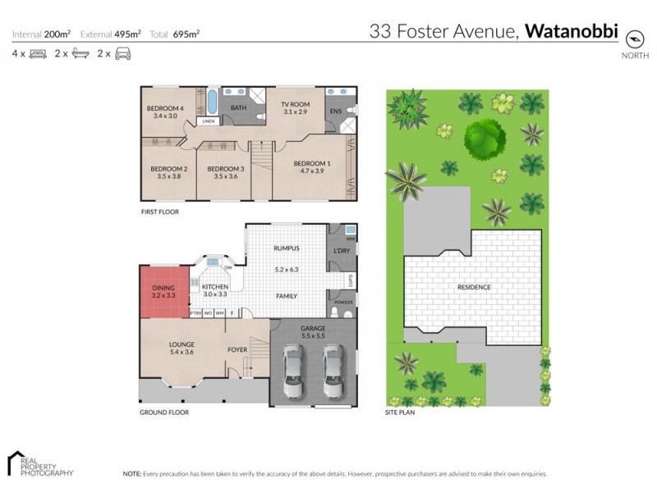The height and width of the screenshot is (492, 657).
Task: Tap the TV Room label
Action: pyautogui.click(x=294, y=105)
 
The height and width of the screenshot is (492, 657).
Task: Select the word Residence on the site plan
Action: pyautogui.click(x=474, y=287)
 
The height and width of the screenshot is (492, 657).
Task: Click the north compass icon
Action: pyautogui.click(x=634, y=37)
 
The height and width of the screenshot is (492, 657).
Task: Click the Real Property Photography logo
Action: pyautogui.click(x=39, y=463)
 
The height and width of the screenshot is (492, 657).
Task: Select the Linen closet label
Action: pyautogui.click(x=209, y=122)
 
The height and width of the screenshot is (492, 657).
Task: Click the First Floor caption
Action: pyautogui.click(x=160, y=212)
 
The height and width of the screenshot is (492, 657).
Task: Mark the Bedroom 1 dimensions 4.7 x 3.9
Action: pyautogui.click(x=314, y=171)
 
